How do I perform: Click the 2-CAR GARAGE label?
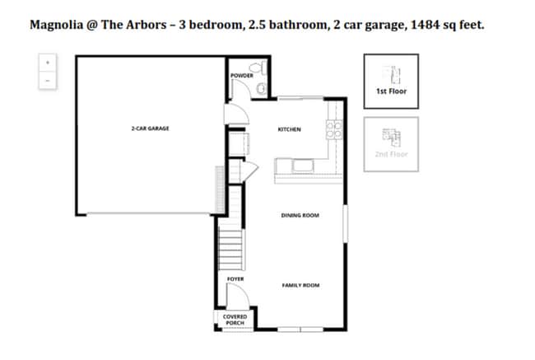point(150,129)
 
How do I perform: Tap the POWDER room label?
point(241,76)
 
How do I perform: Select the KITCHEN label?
point(289,129)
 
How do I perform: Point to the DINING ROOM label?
point(300,216)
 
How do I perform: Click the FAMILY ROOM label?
point(300,285)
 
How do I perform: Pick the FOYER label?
point(235,279)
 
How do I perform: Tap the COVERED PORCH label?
point(235,320)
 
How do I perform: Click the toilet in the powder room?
point(259,68)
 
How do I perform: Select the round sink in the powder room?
point(262,87)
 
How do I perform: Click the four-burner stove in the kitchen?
point(334,129)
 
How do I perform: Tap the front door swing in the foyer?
point(234,296)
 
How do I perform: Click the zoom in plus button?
point(48,63)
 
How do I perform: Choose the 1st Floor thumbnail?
point(391,81)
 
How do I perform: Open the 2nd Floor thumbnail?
point(391,143)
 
